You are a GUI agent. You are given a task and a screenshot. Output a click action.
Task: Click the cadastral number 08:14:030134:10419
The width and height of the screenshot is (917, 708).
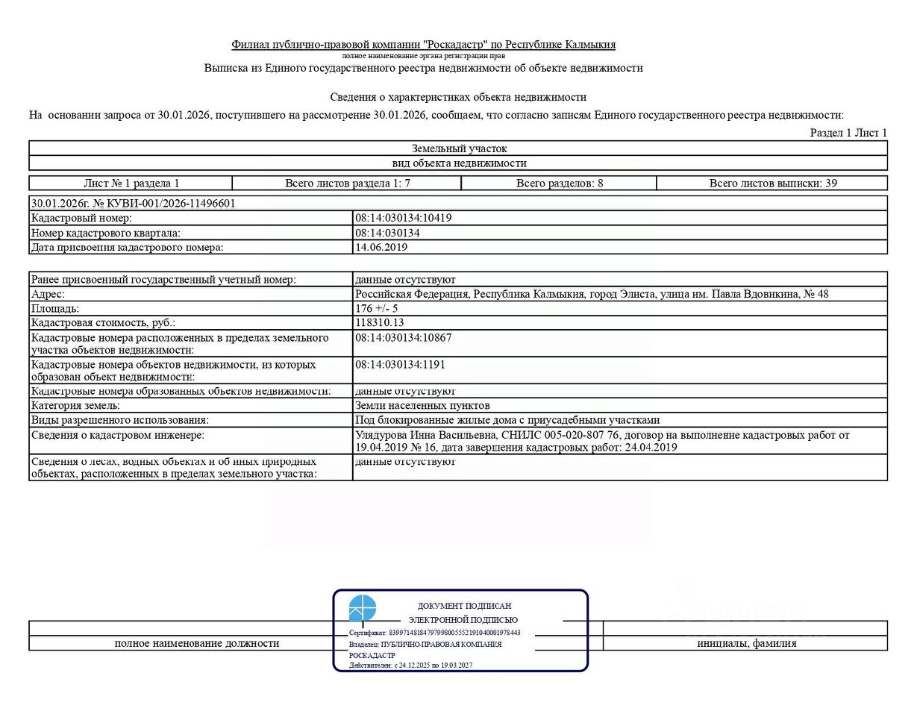[x=404, y=218]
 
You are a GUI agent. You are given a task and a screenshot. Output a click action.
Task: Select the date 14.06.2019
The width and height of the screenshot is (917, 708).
[x=381, y=247]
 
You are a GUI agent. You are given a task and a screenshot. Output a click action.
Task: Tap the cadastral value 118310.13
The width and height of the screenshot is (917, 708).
[x=380, y=322]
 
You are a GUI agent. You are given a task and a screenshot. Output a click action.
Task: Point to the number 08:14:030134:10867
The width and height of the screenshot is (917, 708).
[x=404, y=337]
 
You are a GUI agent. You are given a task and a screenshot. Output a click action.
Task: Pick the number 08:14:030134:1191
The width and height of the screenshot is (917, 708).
[x=401, y=364]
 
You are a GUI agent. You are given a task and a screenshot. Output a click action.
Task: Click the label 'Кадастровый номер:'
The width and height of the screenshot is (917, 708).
[x=81, y=218]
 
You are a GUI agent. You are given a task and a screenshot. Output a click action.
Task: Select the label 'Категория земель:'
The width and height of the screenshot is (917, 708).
[x=75, y=405]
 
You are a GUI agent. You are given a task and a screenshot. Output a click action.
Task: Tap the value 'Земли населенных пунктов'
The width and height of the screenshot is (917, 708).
[x=422, y=405]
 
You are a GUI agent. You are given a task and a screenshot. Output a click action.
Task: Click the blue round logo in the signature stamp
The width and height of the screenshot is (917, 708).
[x=363, y=609]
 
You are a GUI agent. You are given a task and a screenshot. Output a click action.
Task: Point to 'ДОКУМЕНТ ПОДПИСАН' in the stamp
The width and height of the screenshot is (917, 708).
[x=464, y=607]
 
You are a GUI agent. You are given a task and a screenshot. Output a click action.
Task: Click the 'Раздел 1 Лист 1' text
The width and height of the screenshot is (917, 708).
[x=848, y=133]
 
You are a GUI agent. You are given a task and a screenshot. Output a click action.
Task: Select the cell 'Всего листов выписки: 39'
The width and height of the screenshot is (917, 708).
[x=772, y=183]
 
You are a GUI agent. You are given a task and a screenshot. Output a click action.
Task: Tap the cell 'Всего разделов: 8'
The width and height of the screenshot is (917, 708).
[x=560, y=183]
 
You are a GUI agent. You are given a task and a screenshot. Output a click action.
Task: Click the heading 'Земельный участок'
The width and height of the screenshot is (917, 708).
[x=459, y=148]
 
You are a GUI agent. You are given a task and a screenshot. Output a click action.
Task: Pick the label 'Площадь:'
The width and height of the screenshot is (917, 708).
[x=55, y=308]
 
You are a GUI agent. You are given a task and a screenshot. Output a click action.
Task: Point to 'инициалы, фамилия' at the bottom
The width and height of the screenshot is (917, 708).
[x=746, y=643]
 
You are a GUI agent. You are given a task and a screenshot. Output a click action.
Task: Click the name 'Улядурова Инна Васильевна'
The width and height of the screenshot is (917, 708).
[x=425, y=434]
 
